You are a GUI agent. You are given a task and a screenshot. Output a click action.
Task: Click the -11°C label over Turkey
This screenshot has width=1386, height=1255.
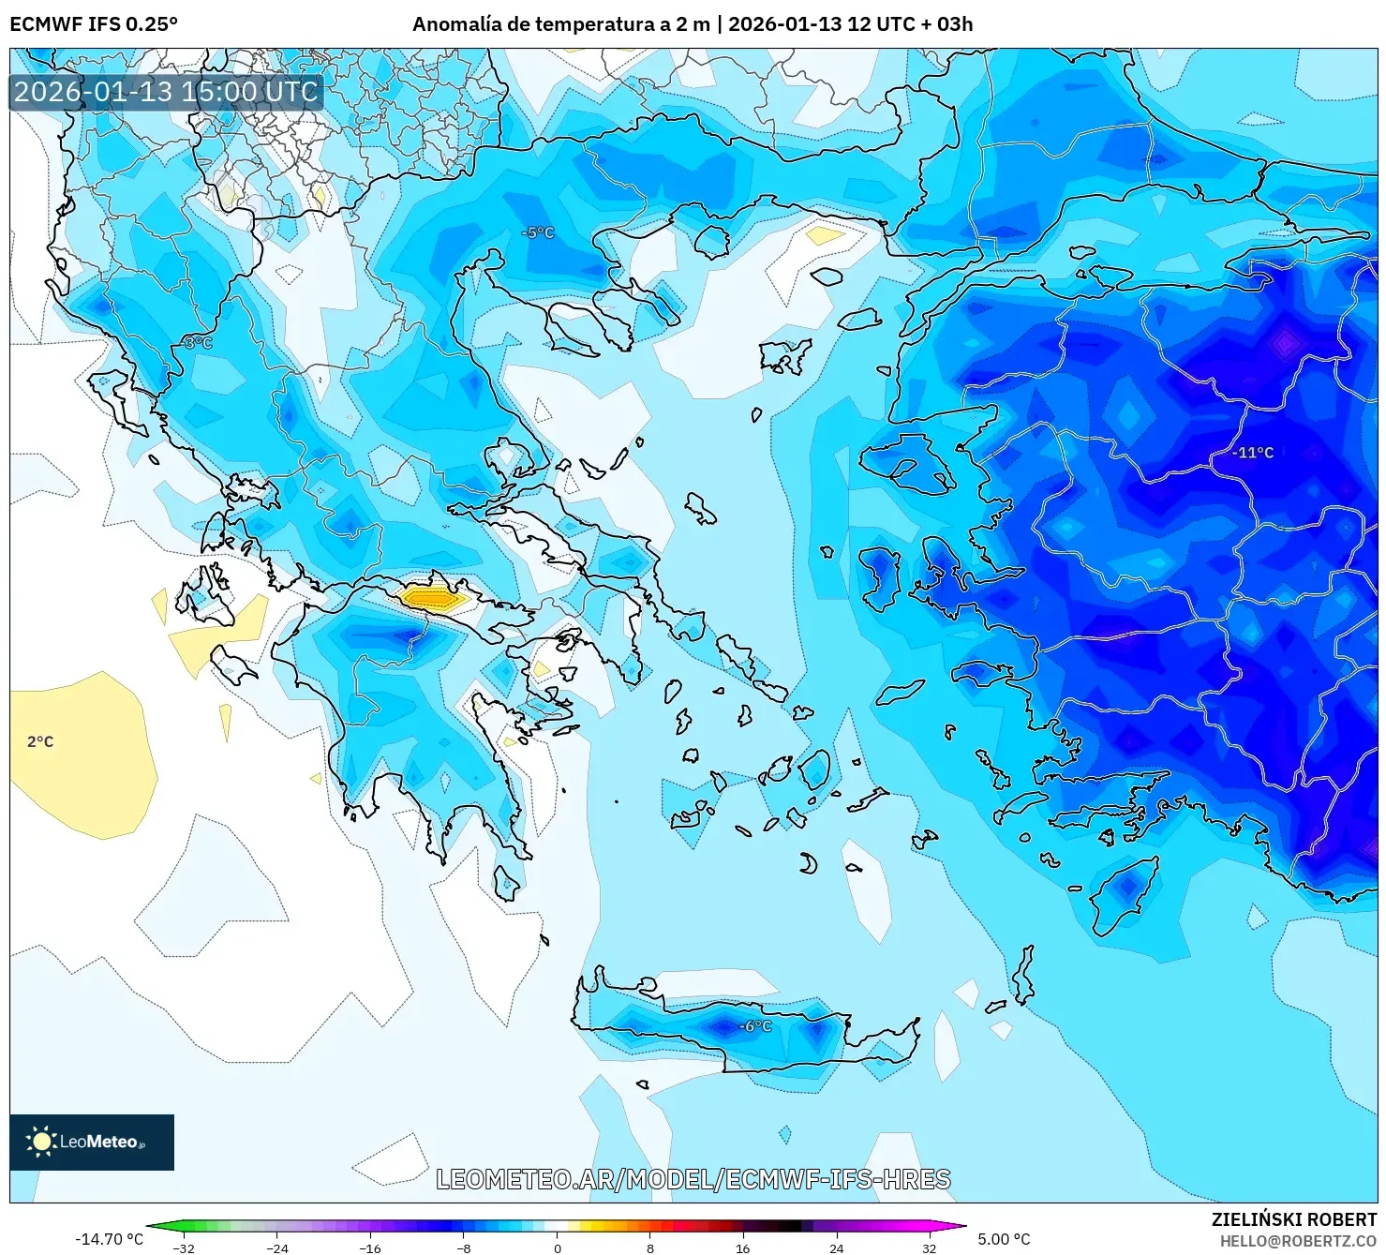coord(1253,453)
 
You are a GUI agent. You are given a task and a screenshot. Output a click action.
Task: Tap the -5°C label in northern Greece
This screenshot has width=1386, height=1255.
coord(538,232)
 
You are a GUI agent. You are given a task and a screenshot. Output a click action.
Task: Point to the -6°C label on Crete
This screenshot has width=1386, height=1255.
coord(755,1026)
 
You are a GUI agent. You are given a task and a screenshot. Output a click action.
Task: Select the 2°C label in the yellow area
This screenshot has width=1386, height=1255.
coord(40,741)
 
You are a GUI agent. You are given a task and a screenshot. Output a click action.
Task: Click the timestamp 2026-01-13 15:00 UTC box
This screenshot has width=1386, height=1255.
coord(166,92)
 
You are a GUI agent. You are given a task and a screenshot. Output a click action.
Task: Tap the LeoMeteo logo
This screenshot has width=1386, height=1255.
coord(92,1142)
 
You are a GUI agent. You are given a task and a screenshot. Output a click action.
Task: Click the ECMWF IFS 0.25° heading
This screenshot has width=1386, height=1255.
coord(94,24)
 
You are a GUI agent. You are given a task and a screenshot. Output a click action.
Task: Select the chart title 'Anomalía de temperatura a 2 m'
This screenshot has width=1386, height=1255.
coord(560,24)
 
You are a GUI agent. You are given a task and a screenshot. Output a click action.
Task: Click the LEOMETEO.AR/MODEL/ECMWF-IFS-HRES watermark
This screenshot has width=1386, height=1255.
coord(693,1179)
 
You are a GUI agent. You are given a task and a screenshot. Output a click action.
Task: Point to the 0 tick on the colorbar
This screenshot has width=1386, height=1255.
coord(557,1248)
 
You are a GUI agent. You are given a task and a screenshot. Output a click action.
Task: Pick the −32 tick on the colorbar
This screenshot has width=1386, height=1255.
coord(184,1248)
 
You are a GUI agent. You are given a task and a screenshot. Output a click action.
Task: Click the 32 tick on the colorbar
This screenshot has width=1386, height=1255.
coord(929,1248)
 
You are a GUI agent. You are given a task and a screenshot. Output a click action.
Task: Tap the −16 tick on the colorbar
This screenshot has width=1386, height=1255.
coord(370,1248)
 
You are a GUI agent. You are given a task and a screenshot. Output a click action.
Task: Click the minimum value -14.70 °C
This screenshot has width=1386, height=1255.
coord(109,1239)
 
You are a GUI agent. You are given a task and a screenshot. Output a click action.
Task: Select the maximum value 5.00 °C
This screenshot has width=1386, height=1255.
coord(1004,1239)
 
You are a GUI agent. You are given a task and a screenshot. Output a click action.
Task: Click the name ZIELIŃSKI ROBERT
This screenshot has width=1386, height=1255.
coord(1293,1219)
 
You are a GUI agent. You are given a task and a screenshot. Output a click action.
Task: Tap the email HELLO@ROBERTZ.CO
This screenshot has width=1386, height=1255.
coord(1297,1241)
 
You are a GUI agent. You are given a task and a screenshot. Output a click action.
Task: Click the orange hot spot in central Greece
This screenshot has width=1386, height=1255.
coord(432,596)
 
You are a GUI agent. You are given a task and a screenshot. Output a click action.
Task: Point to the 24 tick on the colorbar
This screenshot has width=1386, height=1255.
coord(836,1248)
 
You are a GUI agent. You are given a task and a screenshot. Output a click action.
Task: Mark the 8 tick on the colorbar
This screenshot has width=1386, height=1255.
coord(649,1248)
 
